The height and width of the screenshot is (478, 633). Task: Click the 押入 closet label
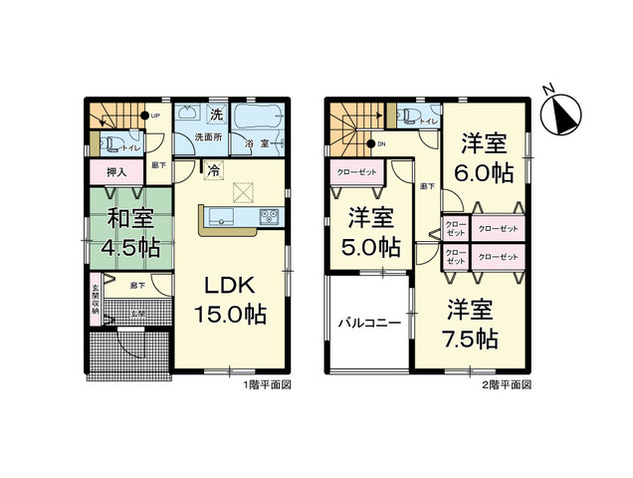tap(115, 172)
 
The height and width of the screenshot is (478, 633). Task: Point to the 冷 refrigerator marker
tap(213, 170)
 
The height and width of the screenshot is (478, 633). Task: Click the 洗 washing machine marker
tap(216, 116)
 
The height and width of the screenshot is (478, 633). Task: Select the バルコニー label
tap(367, 324)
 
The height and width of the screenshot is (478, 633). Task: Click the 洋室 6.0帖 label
tap(484, 157)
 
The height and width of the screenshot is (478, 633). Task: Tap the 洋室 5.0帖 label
tap(374, 231)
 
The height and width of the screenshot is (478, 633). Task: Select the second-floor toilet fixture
tap(406, 117)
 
